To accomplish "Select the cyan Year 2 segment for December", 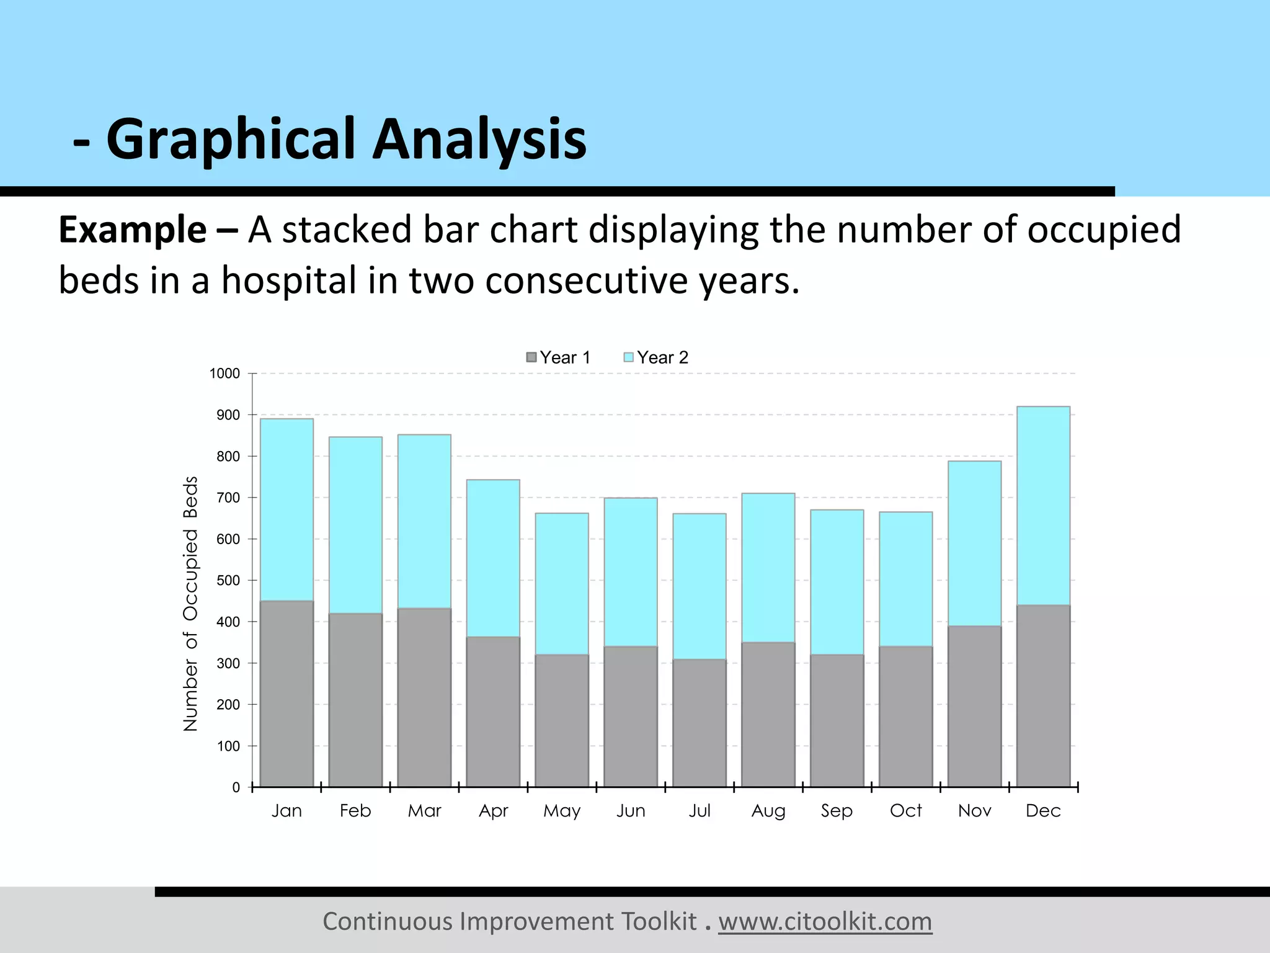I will click(x=1043, y=506).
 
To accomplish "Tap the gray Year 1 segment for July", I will click(x=699, y=723).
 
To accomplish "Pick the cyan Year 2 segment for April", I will click(x=493, y=558).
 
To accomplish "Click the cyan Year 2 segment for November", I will click(x=974, y=543).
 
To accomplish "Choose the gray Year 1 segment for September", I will click(x=837, y=720).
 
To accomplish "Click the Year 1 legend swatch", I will click(x=531, y=357).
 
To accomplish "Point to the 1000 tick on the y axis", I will click(x=224, y=374).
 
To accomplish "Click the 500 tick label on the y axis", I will click(x=228, y=581).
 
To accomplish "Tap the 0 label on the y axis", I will click(x=236, y=787).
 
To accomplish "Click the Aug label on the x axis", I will click(x=768, y=810).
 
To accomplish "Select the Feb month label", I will click(x=355, y=810).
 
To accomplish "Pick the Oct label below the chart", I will click(x=905, y=810).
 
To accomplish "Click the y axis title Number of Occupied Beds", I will click(x=190, y=603).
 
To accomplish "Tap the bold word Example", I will click(x=132, y=230).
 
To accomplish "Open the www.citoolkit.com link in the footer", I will click(x=825, y=921).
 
